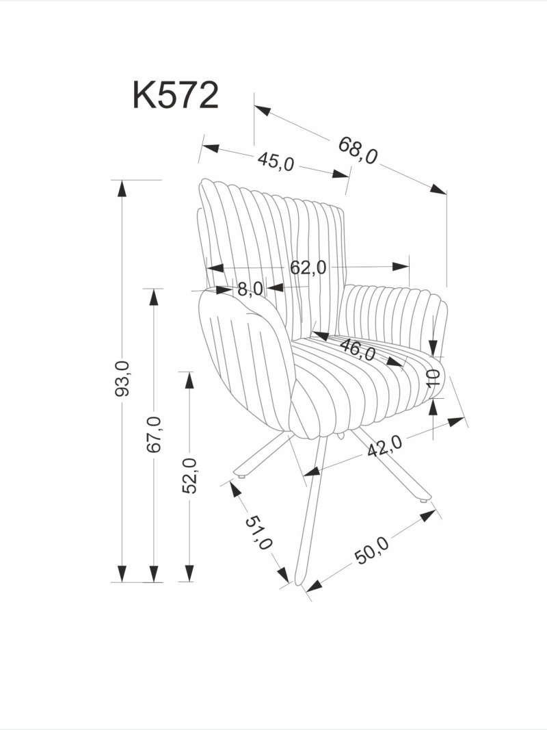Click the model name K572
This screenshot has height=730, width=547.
175,95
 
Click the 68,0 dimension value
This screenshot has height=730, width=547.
358,151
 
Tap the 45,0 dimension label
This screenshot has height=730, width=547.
276,161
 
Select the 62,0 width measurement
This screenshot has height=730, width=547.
308,268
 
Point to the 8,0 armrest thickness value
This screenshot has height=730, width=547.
250,289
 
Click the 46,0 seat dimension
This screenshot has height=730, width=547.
358,350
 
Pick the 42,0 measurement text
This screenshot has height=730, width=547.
385,447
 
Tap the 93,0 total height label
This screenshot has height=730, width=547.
122,378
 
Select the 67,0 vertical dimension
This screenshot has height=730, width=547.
154,434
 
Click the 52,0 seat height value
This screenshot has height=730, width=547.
189,475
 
